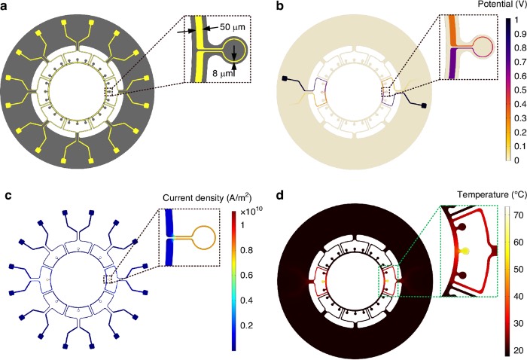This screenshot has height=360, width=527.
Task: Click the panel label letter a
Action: [6, 7]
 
